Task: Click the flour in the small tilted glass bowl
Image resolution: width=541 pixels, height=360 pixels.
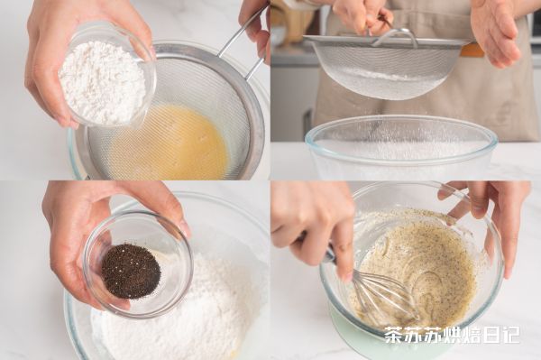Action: point(103,82)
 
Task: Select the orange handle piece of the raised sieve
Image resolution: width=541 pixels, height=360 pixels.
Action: point(472,50)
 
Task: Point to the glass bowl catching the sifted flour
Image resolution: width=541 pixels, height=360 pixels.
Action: point(401,148)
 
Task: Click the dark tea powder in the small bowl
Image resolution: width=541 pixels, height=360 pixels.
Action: point(131,271)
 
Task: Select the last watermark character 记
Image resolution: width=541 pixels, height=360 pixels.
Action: point(509,335)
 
